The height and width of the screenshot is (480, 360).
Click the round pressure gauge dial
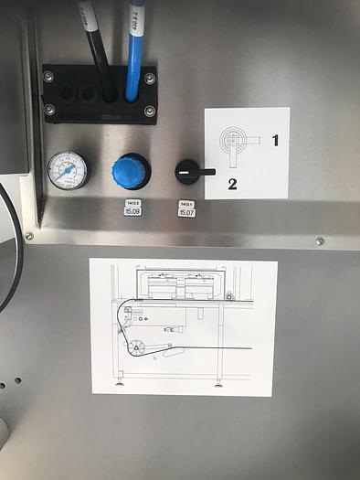[x=67, y=170]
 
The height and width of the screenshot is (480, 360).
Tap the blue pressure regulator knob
[x=131, y=171]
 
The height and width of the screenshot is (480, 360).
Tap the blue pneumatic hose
[x=135, y=55]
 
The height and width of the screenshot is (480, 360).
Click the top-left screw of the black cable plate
[x=48, y=77]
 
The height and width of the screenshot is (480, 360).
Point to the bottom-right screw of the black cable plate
[x=149, y=111]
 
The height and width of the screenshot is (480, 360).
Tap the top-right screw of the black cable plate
[x=149, y=78]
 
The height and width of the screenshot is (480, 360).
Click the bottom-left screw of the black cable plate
[x=49, y=110]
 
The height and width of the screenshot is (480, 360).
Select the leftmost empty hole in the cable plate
[x=66, y=93]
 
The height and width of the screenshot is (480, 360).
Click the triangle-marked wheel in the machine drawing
[x=138, y=347]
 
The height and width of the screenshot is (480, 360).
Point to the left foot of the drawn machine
[x=119, y=382]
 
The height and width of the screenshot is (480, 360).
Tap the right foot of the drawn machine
[x=217, y=382]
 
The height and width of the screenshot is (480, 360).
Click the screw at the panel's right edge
[x=319, y=241]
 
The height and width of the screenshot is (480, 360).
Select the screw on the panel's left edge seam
[x=29, y=236]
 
